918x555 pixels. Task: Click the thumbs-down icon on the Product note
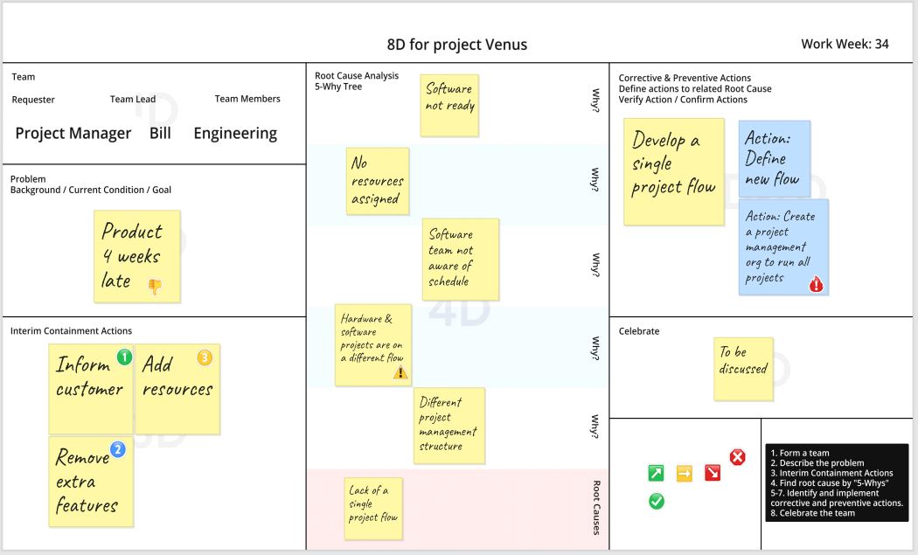(x=155, y=287)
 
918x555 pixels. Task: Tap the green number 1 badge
(x=124, y=357)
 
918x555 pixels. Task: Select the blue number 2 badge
(x=118, y=449)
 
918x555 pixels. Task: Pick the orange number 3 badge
(x=205, y=357)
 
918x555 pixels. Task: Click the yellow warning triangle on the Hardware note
(x=400, y=371)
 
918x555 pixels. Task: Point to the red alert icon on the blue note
(x=816, y=284)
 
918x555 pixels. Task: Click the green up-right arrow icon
(x=657, y=473)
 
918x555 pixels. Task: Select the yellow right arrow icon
(x=685, y=473)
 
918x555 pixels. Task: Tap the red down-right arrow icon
(x=713, y=473)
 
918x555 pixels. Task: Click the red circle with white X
(x=738, y=456)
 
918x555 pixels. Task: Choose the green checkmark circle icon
(x=657, y=501)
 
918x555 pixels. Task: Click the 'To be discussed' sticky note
(x=743, y=369)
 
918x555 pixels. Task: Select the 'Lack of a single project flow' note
(x=373, y=508)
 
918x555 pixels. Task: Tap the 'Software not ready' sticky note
(x=449, y=106)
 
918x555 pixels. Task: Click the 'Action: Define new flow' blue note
(x=775, y=158)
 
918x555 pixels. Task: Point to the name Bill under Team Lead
(x=160, y=133)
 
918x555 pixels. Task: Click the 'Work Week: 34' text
(x=845, y=44)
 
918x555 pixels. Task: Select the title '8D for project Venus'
(x=457, y=45)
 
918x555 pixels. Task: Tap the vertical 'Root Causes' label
(x=596, y=508)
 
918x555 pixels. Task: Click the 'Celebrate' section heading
(x=639, y=330)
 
